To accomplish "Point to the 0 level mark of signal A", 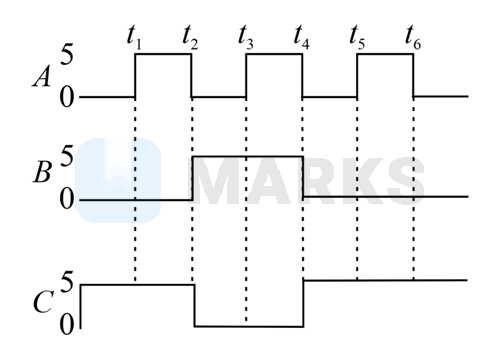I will click(x=65, y=97).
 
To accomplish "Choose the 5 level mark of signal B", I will click(x=66, y=158).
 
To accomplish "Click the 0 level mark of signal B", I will click(x=66, y=199).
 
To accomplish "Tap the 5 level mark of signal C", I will click(x=66, y=284).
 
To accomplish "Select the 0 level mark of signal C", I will click(x=66, y=325).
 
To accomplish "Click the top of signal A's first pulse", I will click(x=162, y=54).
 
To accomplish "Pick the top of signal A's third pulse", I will click(x=385, y=54).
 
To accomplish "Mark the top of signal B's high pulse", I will click(x=246, y=157).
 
